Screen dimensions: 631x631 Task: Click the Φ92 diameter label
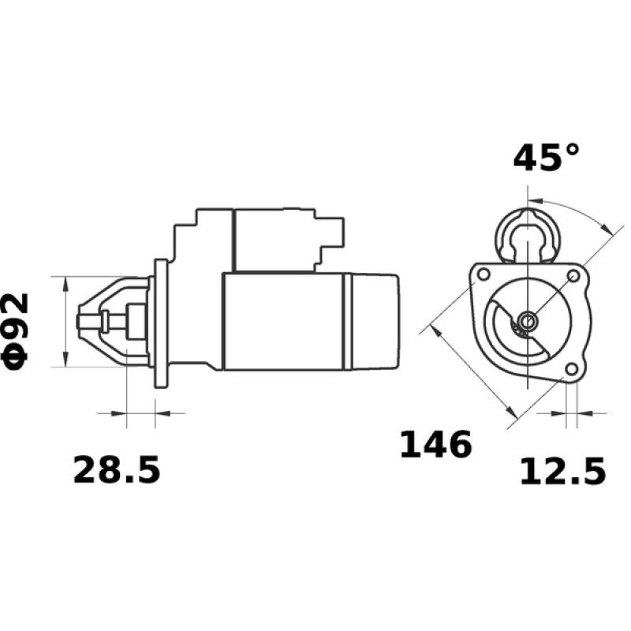pos(17,329)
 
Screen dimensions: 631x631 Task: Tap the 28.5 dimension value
pos(117,470)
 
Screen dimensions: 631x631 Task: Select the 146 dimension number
pos(435,446)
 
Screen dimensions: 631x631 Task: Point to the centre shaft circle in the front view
pos(527,321)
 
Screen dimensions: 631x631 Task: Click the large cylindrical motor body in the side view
pos(284,321)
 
